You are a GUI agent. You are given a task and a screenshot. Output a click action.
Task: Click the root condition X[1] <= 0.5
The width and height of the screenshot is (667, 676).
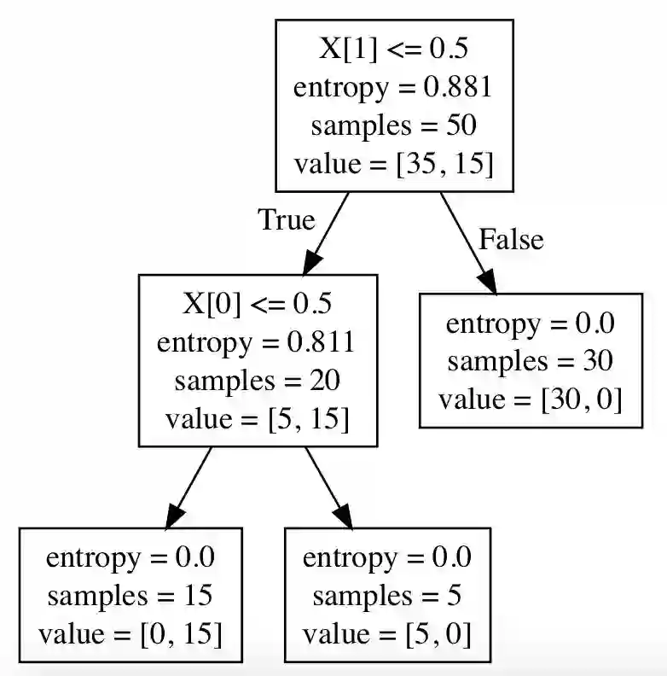393,49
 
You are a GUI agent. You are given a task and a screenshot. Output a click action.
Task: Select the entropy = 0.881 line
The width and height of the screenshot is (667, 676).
393,87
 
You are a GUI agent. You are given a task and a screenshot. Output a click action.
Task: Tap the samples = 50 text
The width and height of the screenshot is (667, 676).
393,125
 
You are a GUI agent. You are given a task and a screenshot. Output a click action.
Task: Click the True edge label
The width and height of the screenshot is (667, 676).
287,220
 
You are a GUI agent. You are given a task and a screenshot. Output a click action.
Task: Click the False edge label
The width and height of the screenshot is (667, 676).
510,240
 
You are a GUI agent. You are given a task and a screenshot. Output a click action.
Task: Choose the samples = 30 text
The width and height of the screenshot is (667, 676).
530,361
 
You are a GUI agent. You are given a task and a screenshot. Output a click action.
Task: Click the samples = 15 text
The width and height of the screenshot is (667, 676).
130,595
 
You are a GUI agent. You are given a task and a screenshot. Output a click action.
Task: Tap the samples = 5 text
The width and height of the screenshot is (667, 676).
387,595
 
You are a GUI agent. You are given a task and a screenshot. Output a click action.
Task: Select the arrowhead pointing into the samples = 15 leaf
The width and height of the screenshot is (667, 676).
173,516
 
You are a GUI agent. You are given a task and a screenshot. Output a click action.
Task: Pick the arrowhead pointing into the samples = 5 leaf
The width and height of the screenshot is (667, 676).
343,516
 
